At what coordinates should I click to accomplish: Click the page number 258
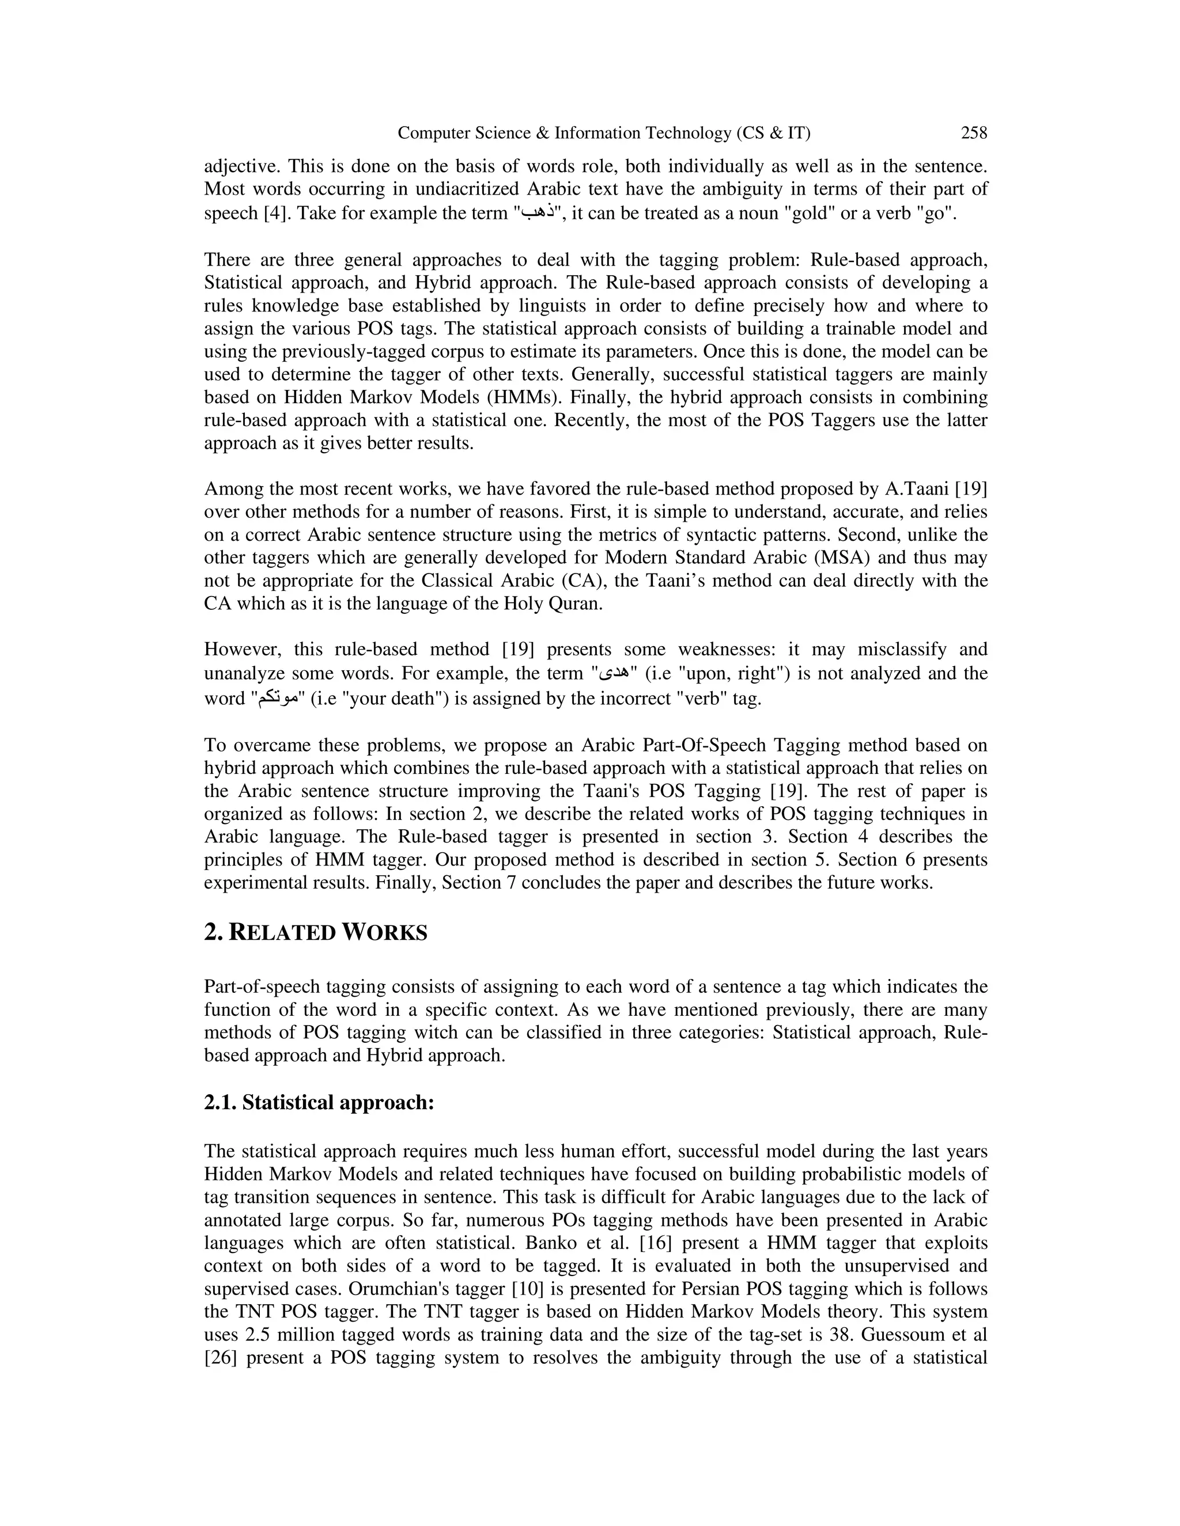(974, 133)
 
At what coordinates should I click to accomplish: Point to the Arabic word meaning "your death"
(279, 698)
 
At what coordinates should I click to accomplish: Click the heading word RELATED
(282, 933)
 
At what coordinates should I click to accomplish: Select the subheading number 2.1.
(220, 1103)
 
